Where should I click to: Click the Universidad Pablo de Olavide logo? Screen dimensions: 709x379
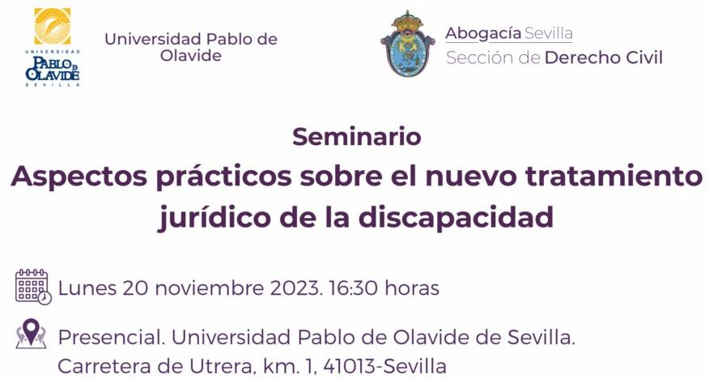(53, 47)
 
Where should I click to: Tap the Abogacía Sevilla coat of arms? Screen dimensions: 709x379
(407, 44)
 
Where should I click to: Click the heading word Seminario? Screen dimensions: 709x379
(357, 137)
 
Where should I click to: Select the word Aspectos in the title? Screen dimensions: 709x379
(79, 177)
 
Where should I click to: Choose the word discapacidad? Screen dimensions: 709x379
(456, 217)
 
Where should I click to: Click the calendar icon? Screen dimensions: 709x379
(33, 287)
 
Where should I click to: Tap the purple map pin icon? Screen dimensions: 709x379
(31, 334)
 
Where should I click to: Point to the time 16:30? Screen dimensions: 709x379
(353, 288)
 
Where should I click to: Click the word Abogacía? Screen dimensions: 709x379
(483, 34)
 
